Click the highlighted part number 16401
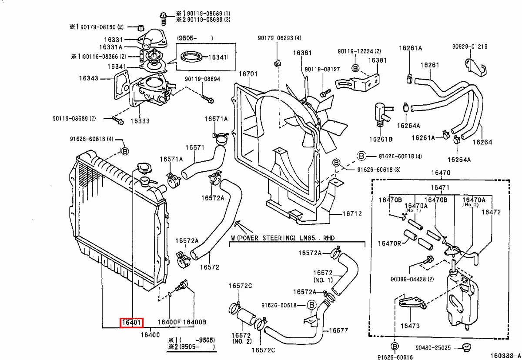tap(131, 323)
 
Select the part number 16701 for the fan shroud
tap(248, 74)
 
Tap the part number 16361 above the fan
tap(302, 53)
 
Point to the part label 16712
tap(352, 213)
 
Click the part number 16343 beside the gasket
tap(89, 78)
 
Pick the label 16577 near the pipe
tap(338, 330)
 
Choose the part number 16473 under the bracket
tap(410, 326)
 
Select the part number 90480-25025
tap(433, 348)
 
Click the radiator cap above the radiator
tap(142, 167)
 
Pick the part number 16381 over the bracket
tap(377, 60)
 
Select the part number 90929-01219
tap(469, 47)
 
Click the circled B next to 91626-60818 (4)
tap(125, 151)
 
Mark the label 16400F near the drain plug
tap(169, 322)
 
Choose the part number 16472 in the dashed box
tap(491, 212)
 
